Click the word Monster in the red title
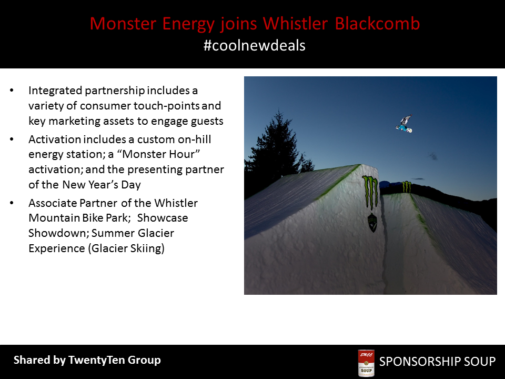pyautogui.click(x=123, y=24)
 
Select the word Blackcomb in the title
pyautogui.click(x=377, y=24)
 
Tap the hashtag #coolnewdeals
pyautogui.click(x=255, y=45)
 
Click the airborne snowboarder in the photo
pyautogui.click(x=404, y=123)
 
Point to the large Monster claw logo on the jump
pyautogui.click(x=370, y=193)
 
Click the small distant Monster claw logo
pyautogui.click(x=407, y=186)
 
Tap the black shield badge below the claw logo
pyautogui.click(x=372, y=222)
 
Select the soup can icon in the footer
pyautogui.click(x=366, y=363)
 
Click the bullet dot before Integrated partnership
pyautogui.click(x=12, y=91)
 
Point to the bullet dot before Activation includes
pyautogui.click(x=12, y=139)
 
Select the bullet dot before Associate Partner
pyautogui.click(x=12, y=203)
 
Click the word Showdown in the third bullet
pyautogui.click(x=58, y=233)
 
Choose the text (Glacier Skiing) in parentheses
pyautogui.click(x=126, y=248)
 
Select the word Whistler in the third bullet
pyautogui.click(x=176, y=203)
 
